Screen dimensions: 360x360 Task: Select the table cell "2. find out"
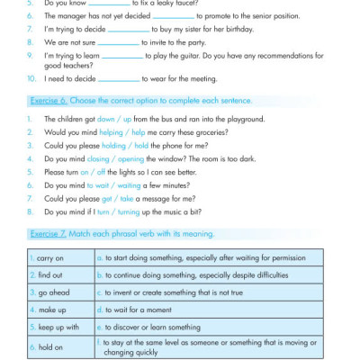(49, 274)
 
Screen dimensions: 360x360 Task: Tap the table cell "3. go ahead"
(50, 292)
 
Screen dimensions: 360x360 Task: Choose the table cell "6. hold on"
(49, 346)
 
